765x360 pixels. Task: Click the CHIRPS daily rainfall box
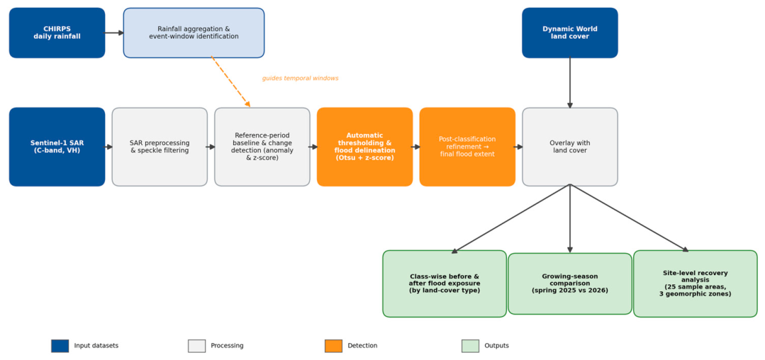click(57, 33)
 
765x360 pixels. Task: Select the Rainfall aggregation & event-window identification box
click(194, 33)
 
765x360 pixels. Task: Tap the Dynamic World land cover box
click(570, 33)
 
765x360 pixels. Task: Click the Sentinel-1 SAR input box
click(57, 147)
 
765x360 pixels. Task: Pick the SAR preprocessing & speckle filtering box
click(160, 147)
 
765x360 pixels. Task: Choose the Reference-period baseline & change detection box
click(262, 147)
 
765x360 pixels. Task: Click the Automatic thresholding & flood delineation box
click(365, 147)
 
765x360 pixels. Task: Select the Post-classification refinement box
click(467, 147)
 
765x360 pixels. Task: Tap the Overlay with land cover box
click(570, 147)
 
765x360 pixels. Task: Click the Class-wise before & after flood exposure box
click(445, 284)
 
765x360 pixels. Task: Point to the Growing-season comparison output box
click(570, 284)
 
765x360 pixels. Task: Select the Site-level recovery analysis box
click(696, 284)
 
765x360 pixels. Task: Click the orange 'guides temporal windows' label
click(300, 79)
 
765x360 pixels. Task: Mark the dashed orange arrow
click(230, 81)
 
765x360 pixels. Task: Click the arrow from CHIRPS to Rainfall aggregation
click(115, 33)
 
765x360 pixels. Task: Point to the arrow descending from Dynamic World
click(570, 83)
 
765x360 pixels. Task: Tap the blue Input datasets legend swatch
click(60, 346)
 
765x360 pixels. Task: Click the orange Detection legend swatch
click(334, 346)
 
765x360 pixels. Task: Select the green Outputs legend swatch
click(470, 346)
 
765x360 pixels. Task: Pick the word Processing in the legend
click(227, 346)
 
